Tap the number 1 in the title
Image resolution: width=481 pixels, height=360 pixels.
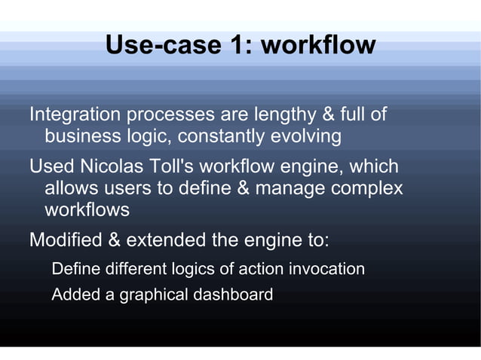pyautogui.click(x=234, y=45)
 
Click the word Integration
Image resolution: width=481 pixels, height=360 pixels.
pyautogui.click(x=75, y=115)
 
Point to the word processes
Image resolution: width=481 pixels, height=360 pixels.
pyautogui.click(x=170, y=115)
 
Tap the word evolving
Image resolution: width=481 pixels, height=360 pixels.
pyautogui.click(x=307, y=137)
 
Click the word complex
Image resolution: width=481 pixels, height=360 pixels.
pyautogui.click(x=366, y=188)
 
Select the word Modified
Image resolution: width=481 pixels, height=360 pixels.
pyautogui.click(x=65, y=241)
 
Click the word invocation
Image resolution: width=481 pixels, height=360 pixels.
pyautogui.click(x=324, y=269)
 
